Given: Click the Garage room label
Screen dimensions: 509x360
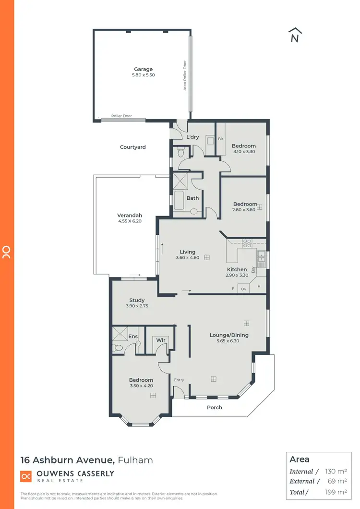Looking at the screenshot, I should tap(143, 69).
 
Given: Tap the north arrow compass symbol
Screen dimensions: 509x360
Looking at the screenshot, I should tap(295, 36).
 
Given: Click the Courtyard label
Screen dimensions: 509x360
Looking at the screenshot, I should tap(132, 147).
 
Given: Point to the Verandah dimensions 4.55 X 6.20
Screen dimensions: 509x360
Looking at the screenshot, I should tap(130, 221).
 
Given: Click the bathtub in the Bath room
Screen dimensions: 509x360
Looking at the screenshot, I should tap(179, 201).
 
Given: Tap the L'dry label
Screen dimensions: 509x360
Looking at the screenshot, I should tap(192, 137).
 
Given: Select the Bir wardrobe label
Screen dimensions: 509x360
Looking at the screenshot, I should tap(221, 139).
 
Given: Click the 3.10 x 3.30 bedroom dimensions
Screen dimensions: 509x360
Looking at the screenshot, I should tap(244, 152).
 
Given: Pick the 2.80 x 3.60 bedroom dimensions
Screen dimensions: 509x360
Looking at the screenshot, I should tap(245, 210).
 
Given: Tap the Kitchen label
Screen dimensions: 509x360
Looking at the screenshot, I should tap(237, 269).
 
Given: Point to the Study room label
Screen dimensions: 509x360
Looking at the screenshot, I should tap(137, 300).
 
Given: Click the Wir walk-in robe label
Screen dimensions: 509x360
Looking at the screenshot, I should tap(160, 340).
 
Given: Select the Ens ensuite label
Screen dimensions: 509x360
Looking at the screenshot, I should tap(133, 336).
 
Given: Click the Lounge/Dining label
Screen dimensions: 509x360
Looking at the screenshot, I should tap(229, 335).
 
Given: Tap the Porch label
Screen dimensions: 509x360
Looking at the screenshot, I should tap(215, 407).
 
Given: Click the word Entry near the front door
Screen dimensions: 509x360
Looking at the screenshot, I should tap(179, 380).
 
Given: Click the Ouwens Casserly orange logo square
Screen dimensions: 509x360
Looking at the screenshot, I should tap(25, 476).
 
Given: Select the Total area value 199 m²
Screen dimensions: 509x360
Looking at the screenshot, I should tap(336, 492).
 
